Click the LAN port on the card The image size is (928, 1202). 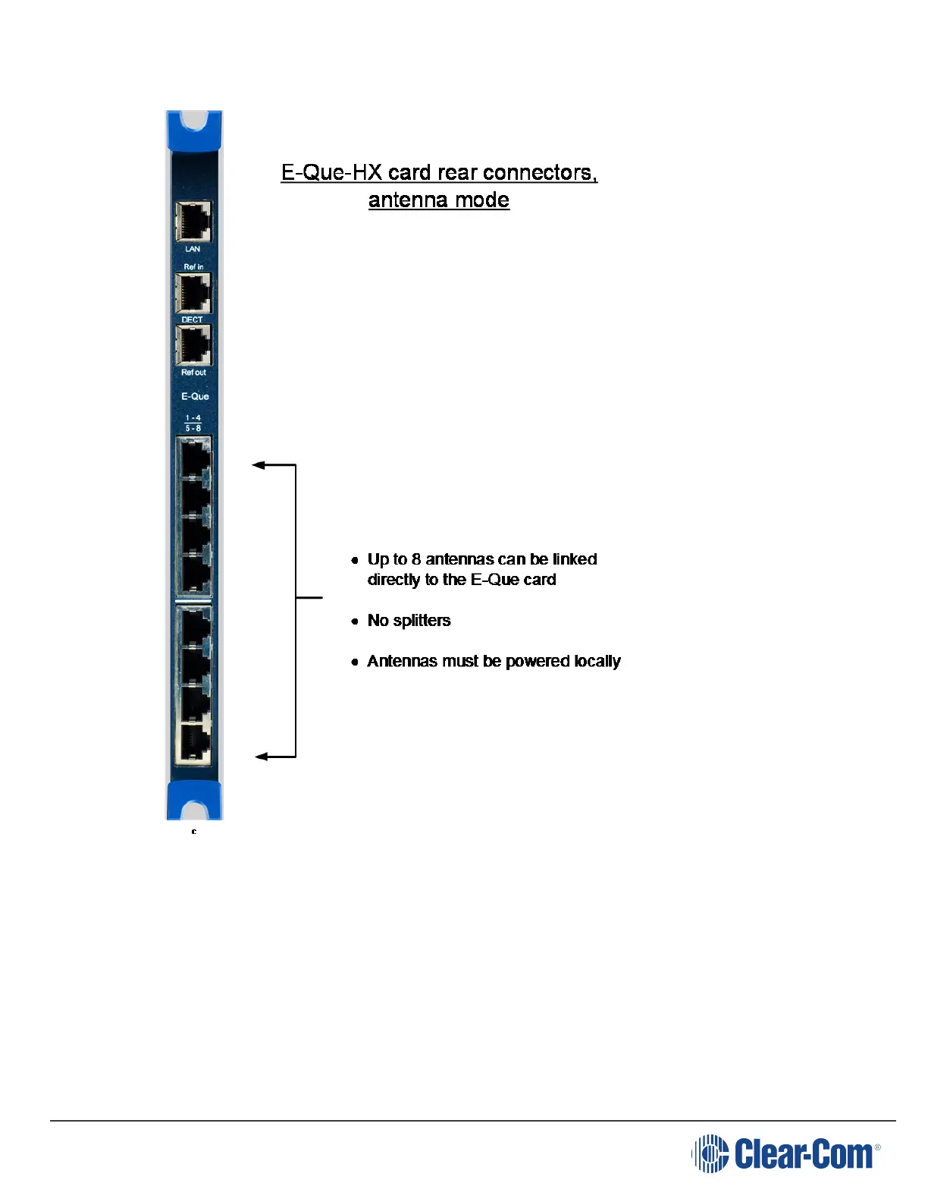coord(193,222)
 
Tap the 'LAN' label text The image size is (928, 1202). coord(193,249)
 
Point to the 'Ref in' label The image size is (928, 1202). coord(193,267)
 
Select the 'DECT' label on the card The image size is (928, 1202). coord(193,319)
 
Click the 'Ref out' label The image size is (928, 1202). coord(193,373)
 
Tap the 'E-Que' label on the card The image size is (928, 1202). coord(195,396)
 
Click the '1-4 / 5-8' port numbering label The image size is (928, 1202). coord(193,423)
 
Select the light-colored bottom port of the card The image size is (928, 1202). coord(193,743)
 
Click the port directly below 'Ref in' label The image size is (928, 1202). coord(193,293)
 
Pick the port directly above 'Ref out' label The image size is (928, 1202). coord(193,345)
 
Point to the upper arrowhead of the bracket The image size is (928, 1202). coord(258,465)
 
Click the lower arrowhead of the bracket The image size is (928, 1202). coord(261,757)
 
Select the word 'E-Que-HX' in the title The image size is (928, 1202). coord(331,173)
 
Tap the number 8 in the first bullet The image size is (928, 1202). coord(415,559)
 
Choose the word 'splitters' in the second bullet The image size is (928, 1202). coord(422,621)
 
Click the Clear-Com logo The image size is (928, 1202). coord(785,1154)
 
